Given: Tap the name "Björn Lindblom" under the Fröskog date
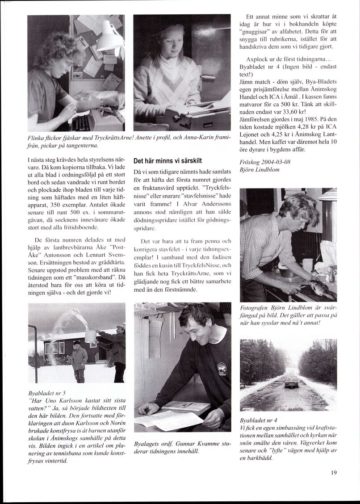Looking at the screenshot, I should tap(264, 170).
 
